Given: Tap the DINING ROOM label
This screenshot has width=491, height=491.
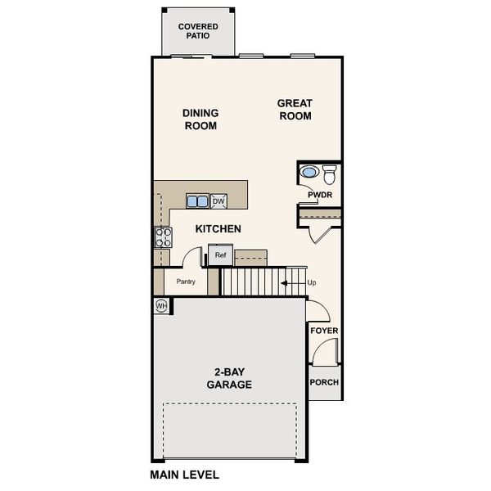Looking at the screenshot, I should [200, 119].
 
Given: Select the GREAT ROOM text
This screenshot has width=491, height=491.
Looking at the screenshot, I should [295, 110].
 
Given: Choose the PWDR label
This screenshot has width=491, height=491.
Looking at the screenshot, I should [319, 195].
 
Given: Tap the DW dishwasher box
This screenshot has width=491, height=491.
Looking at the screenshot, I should [218, 200].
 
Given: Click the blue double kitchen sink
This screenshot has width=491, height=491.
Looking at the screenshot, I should [196, 200].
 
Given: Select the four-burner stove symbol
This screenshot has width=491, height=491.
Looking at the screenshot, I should [164, 237].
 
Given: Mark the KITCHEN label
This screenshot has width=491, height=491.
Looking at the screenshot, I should [218, 229].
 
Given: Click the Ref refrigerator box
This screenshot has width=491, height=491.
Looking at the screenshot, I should [219, 255].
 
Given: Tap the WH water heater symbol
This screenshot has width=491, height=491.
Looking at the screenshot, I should [162, 305].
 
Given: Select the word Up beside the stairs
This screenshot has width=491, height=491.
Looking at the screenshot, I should [311, 283].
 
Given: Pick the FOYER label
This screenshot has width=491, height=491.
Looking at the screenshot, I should [324, 331].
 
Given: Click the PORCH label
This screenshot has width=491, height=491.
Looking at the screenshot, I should [324, 382].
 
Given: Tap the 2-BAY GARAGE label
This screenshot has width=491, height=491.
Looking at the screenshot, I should [228, 378].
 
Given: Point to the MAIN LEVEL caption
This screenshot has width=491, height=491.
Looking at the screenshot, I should [184, 474].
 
